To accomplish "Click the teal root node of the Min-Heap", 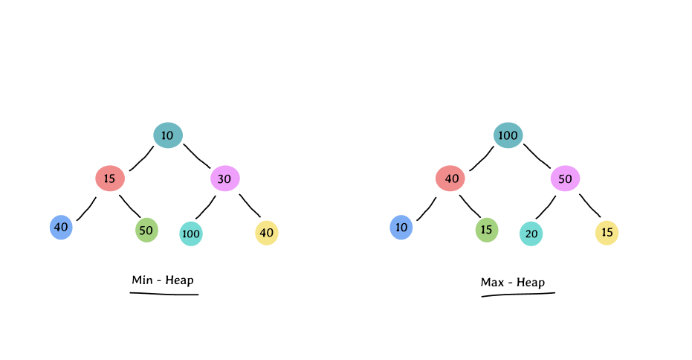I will [168, 135].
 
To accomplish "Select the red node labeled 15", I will [110, 179].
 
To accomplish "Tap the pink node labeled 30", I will [225, 179].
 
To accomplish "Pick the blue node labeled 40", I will [61, 227].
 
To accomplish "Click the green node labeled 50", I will [146, 230].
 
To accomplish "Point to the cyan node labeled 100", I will [191, 234].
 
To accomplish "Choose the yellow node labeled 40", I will [267, 233].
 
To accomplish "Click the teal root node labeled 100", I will [508, 135].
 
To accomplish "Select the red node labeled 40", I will [450, 179].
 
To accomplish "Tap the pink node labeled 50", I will [566, 179].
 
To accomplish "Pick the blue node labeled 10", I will [401, 227].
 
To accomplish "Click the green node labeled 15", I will [487, 230].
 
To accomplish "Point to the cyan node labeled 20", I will [531, 234].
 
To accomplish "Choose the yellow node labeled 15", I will [607, 233].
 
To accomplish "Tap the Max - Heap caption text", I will [513, 283].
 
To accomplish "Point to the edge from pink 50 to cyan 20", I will [546, 207].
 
